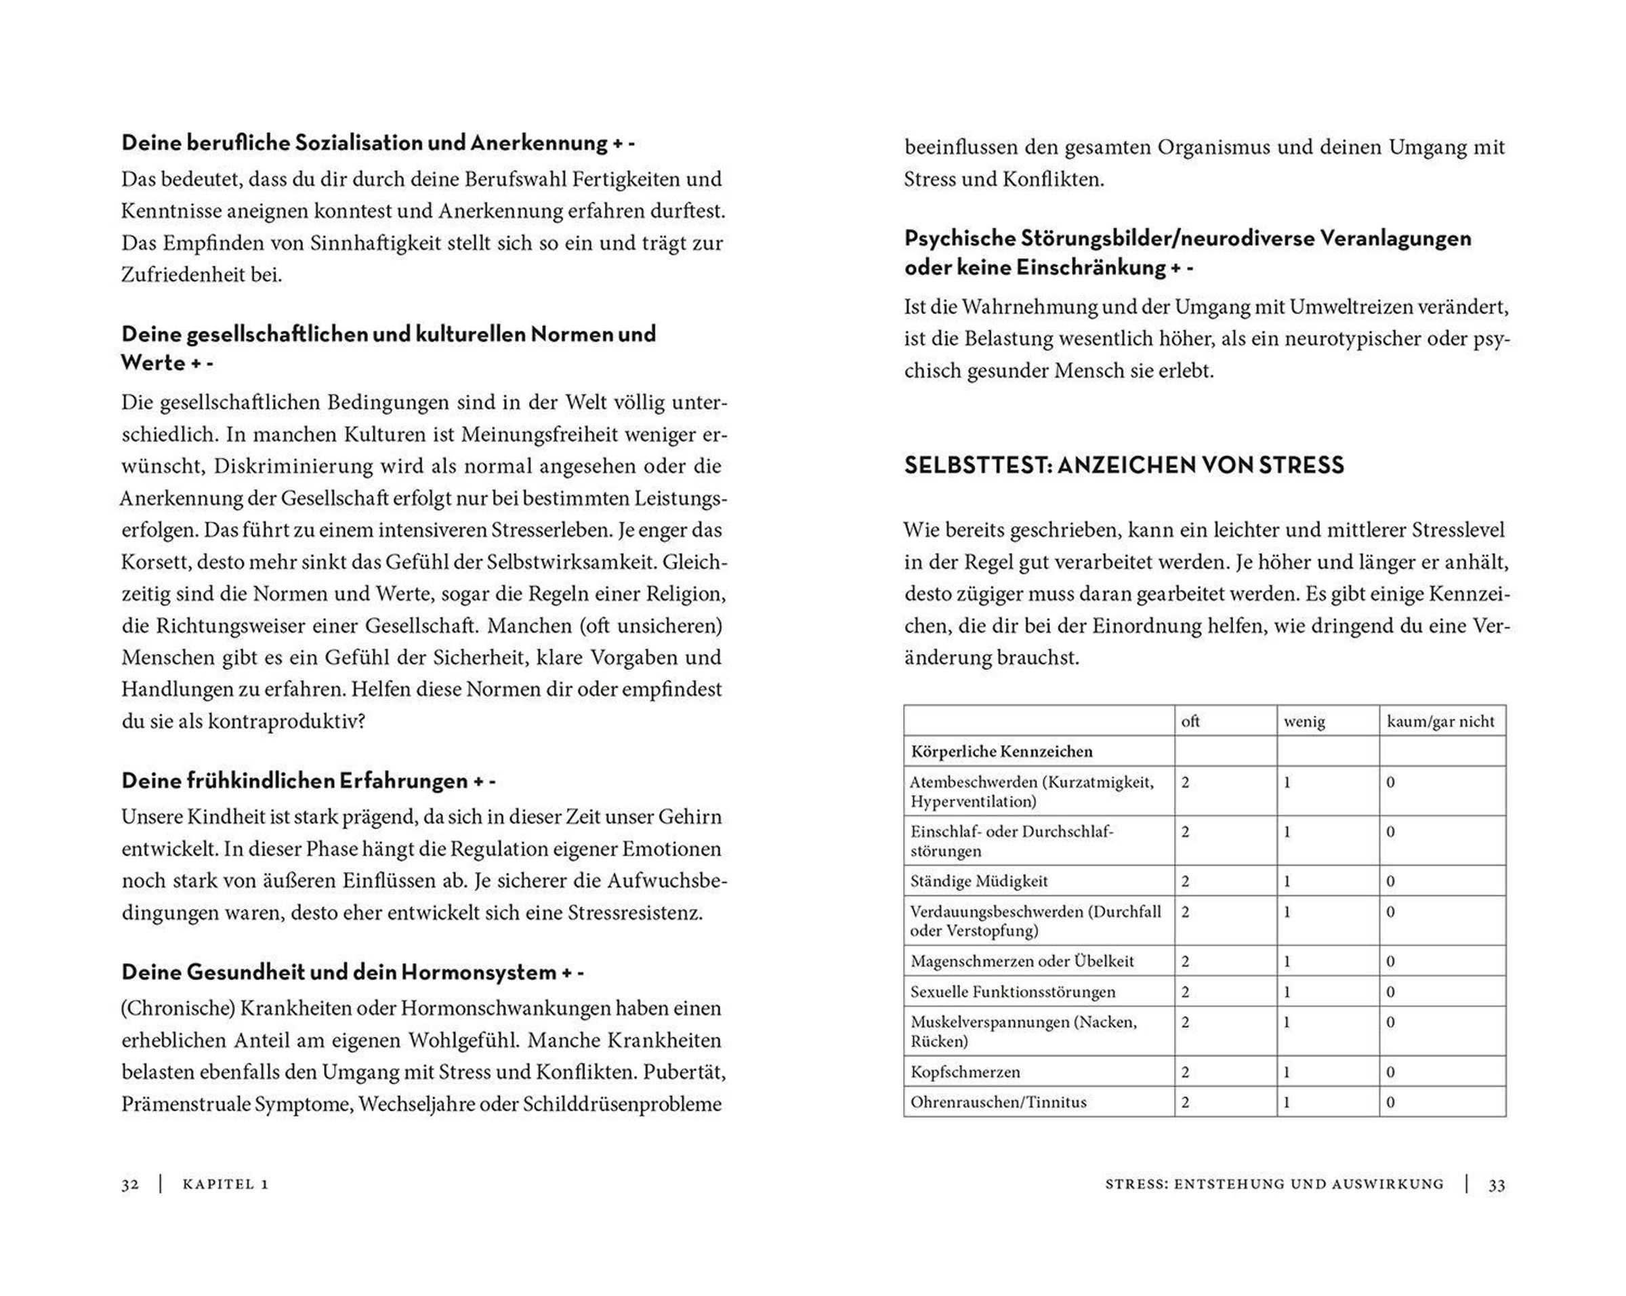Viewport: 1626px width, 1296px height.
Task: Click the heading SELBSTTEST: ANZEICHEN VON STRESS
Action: [1124, 466]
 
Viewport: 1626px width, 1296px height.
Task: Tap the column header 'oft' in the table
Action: [1190, 721]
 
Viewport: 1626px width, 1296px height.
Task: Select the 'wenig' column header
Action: [1304, 721]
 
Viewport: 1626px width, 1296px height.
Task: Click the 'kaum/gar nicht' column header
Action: [1440, 721]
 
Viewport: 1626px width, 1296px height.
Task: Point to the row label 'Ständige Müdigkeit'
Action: [979, 881]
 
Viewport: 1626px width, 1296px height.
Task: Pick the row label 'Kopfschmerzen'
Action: [965, 1072]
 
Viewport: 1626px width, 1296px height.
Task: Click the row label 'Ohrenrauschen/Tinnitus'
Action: [999, 1102]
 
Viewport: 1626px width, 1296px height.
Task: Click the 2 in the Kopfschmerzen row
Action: [1186, 1072]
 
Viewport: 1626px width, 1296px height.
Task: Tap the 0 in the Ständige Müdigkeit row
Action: [1391, 881]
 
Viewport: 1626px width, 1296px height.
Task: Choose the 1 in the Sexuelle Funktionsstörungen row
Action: [1287, 992]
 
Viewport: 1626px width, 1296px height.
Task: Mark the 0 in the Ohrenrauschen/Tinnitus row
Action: [1391, 1102]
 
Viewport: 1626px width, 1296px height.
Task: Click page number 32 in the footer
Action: [129, 1184]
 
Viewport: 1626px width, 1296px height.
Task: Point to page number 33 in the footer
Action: [1497, 1184]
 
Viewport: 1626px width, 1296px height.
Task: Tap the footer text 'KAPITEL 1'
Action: [226, 1184]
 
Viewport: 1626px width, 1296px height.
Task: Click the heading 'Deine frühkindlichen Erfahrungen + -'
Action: [308, 781]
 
